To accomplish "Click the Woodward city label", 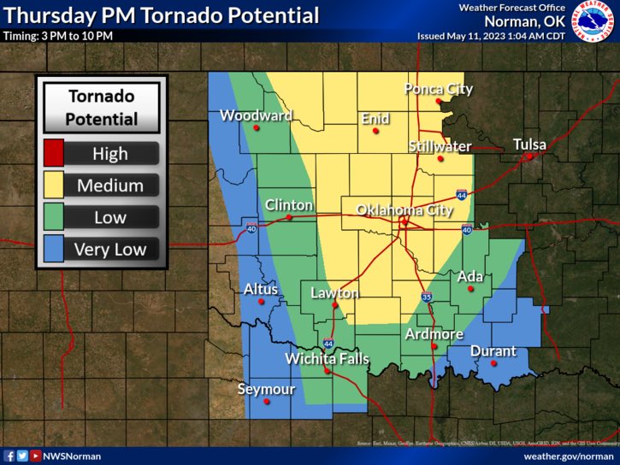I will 256,115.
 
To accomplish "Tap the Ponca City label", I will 439,89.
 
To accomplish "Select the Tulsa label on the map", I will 529,144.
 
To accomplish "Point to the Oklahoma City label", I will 404,209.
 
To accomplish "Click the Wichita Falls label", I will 327,358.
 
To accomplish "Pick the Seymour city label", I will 266,390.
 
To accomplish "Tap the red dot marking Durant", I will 493,363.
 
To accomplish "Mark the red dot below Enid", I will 375,131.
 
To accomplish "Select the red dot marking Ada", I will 469,289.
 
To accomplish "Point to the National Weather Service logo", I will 593,23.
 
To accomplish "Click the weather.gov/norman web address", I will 569,456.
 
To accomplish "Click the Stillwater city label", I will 440,146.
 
